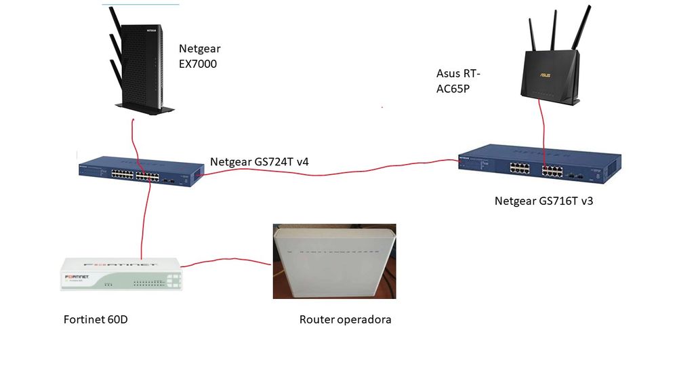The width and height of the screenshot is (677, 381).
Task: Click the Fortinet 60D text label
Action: coord(96,319)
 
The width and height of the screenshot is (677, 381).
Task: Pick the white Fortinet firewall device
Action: coord(121,275)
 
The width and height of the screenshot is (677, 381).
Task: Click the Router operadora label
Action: coord(345,319)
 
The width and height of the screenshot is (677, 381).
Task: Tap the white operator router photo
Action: coord(334,262)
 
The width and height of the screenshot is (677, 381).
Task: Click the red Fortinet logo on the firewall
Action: coord(82,277)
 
